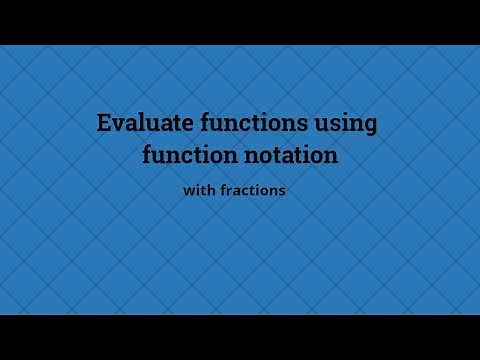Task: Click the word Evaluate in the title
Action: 136,124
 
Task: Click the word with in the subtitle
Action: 198,190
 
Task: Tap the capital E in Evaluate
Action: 103,124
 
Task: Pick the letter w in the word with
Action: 189,191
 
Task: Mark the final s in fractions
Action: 283,191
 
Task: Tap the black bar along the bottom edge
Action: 240,337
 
